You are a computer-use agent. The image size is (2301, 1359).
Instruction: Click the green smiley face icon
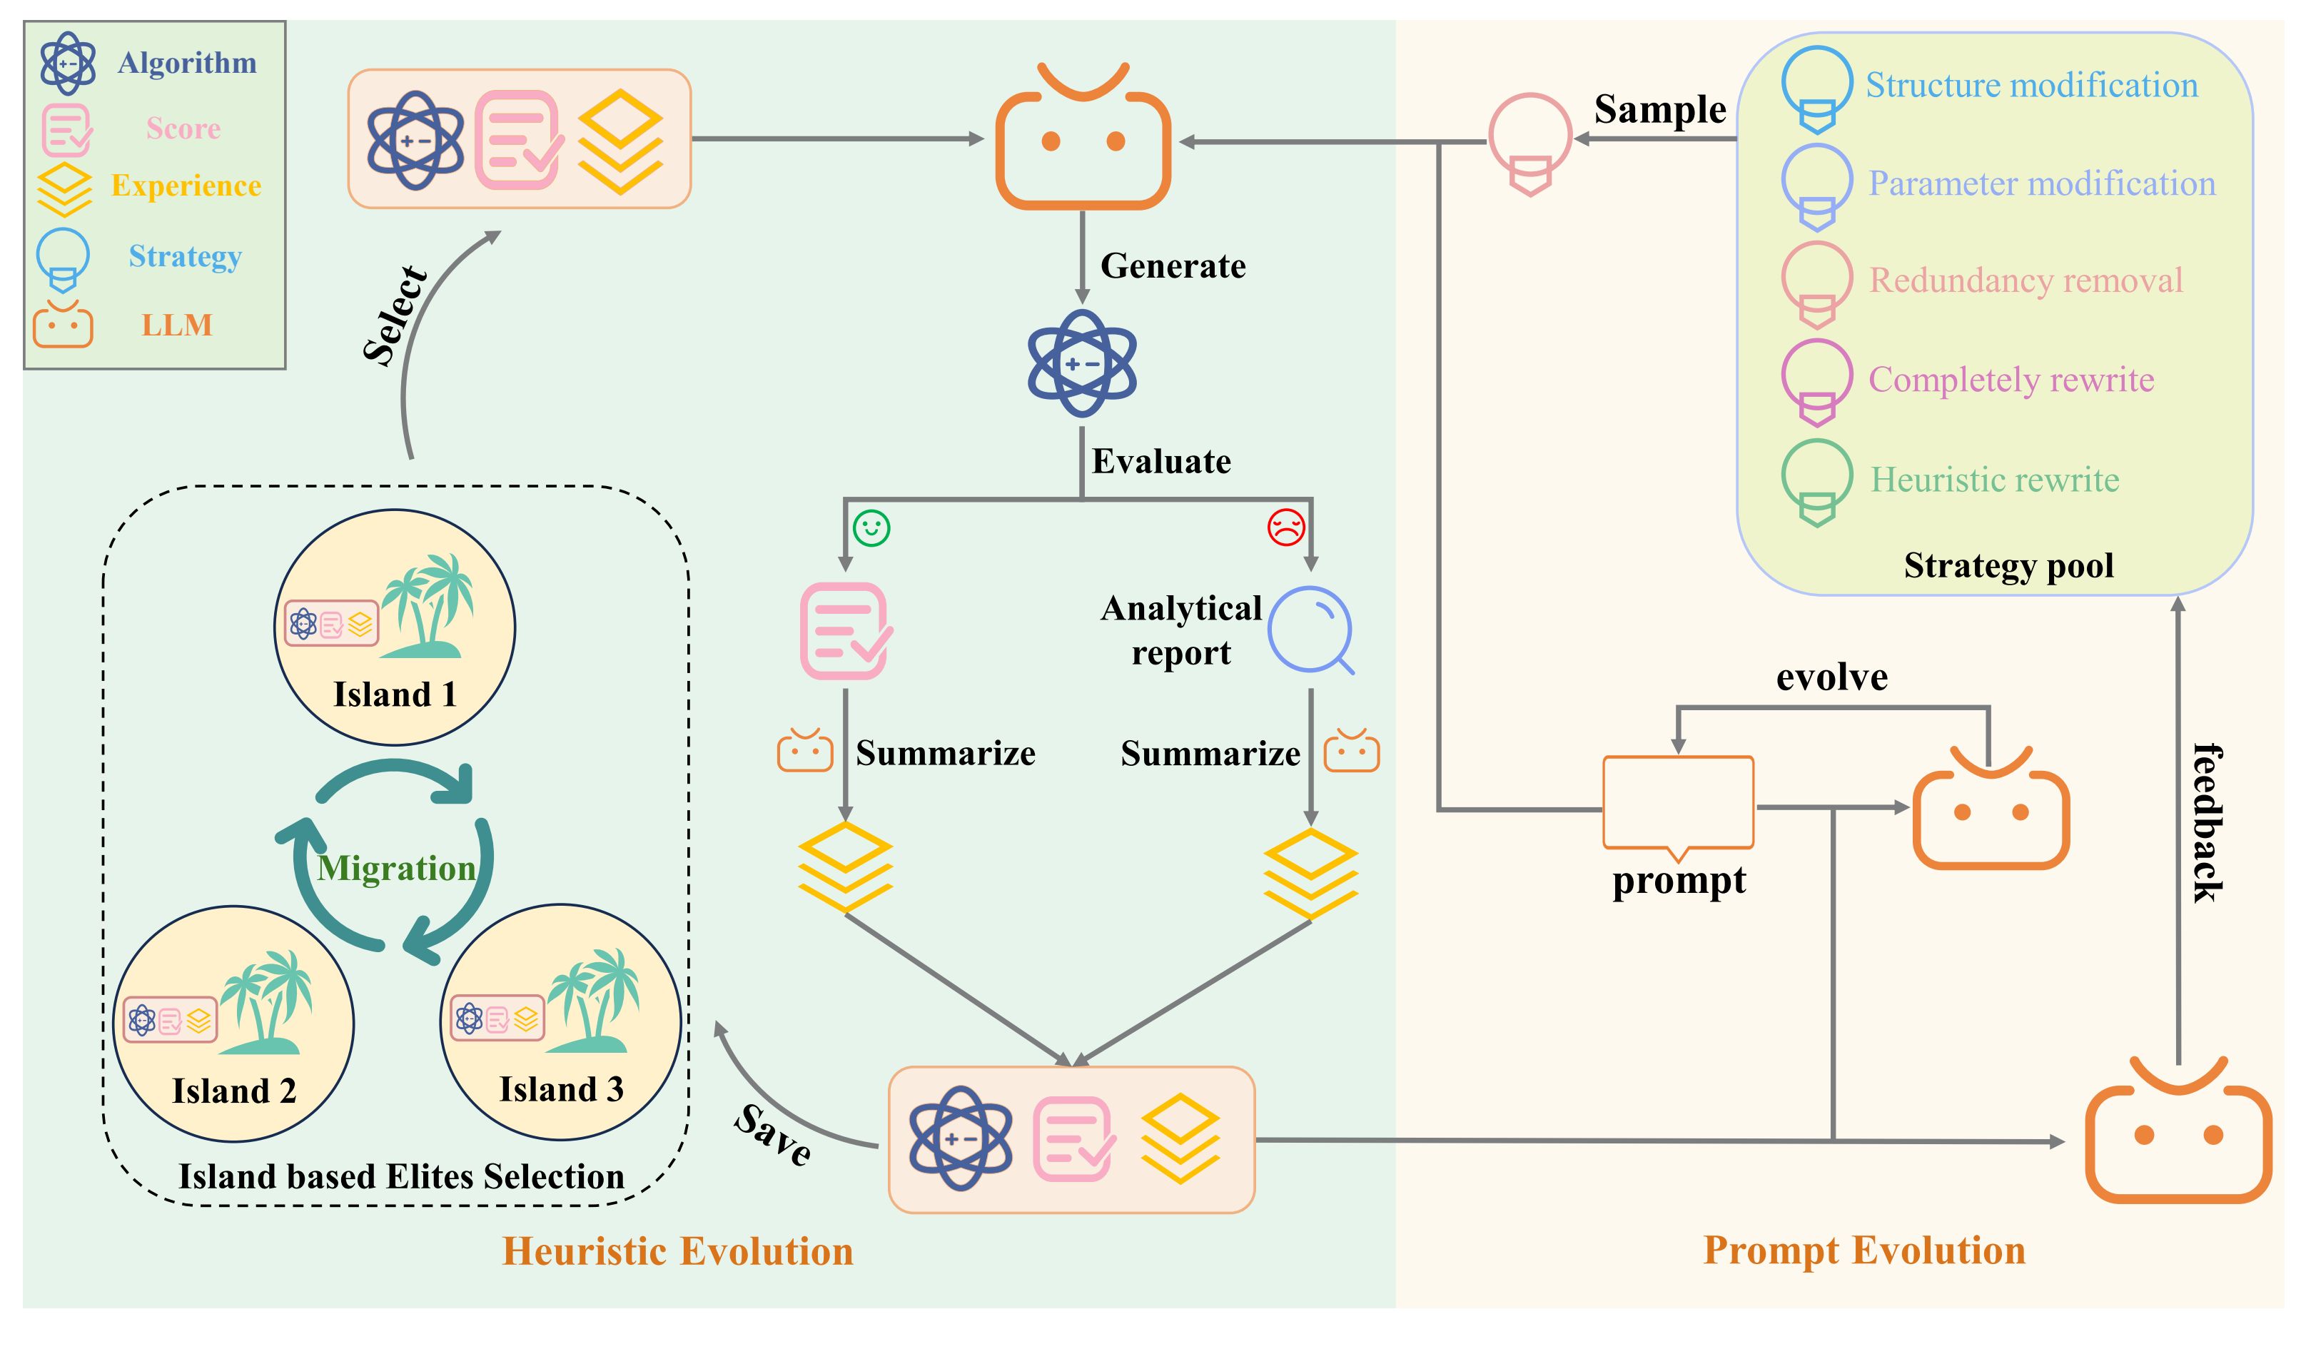(x=871, y=528)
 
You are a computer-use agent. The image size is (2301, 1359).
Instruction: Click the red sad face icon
(x=1285, y=527)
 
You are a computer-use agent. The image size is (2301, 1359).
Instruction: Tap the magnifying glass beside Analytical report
(x=1310, y=630)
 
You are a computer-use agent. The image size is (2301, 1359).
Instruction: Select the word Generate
(x=1173, y=266)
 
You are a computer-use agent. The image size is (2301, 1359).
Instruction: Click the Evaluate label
(x=1161, y=462)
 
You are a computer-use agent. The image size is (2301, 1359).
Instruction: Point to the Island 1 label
(x=395, y=695)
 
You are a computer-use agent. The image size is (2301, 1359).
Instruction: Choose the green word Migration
(x=395, y=868)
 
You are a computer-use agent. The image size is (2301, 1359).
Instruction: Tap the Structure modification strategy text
(x=2031, y=85)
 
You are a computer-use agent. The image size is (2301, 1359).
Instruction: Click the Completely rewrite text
(x=2011, y=379)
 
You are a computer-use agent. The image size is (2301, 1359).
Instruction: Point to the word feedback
(x=2207, y=822)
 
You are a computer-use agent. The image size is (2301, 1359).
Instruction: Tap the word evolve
(x=1831, y=677)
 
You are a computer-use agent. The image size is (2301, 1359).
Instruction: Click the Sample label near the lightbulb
(x=1659, y=109)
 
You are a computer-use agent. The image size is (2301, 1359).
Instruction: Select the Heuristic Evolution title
(x=677, y=1252)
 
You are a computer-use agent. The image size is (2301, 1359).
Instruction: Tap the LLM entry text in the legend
(x=177, y=325)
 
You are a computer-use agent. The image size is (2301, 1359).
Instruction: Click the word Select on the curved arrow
(x=395, y=316)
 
